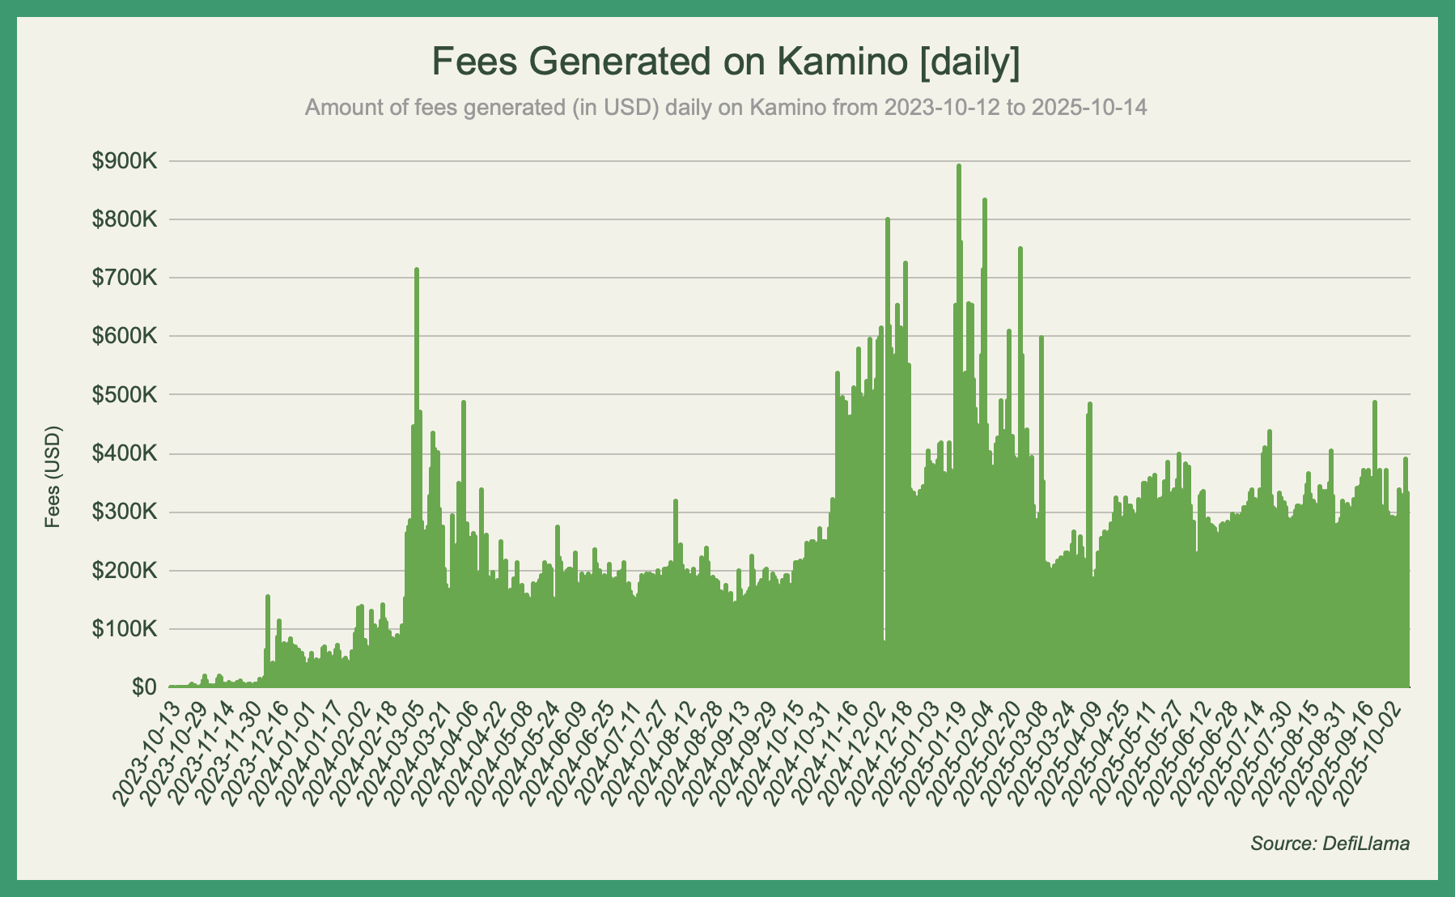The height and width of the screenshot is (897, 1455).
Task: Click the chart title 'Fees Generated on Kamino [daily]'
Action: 726,62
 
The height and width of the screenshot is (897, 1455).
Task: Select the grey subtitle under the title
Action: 726,107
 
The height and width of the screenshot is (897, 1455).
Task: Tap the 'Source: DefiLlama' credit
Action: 1330,844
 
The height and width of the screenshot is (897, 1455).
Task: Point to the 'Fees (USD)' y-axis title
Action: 53,476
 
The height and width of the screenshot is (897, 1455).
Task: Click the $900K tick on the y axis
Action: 125,161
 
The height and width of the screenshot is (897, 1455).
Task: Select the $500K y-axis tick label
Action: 125,395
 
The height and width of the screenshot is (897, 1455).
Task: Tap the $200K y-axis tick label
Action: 125,571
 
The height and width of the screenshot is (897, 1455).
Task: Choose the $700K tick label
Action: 125,278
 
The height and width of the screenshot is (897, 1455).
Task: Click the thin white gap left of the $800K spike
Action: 884,567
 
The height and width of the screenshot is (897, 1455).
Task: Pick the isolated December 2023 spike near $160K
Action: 267,597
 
